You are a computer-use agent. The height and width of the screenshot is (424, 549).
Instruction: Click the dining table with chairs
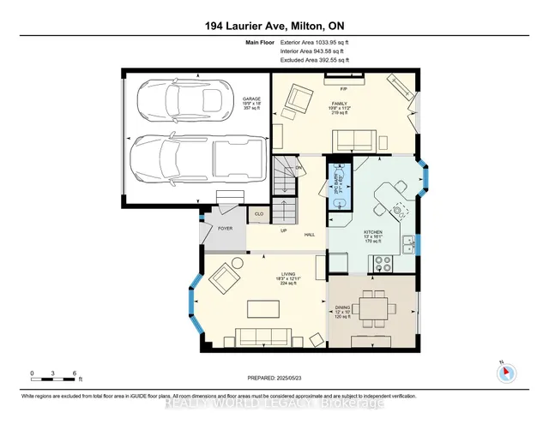coord(375,307)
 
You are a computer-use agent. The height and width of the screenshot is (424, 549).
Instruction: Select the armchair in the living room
coord(226,278)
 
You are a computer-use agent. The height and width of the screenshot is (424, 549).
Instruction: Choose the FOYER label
coord(225,229)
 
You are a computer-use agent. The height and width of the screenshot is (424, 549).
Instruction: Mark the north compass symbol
coord(506,373)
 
